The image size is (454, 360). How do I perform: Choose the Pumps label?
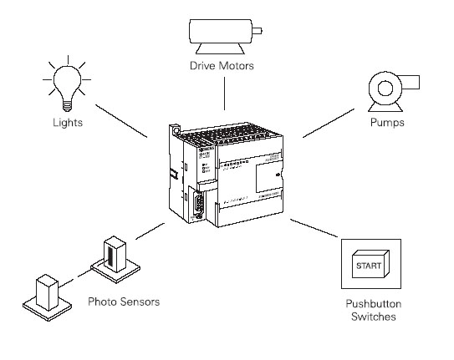click(387, 124)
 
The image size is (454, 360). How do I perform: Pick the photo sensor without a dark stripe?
click(43, 293)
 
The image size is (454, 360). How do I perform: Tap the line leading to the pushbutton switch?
click(313, 227)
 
